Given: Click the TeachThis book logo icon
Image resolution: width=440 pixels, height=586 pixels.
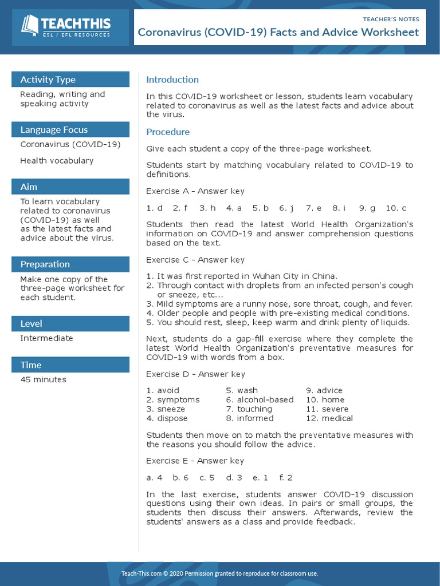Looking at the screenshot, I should click(30, 25).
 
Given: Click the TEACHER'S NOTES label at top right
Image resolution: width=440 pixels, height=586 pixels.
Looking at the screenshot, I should click(391, 19).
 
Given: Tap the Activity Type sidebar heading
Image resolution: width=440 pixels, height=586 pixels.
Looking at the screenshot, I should click(48, 80).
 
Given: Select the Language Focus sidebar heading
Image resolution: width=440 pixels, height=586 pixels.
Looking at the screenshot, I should click(54, 130).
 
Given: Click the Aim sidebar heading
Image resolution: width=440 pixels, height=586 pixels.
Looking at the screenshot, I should click(29, 187).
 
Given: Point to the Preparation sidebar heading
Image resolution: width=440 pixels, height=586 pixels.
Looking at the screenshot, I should click(45, 264).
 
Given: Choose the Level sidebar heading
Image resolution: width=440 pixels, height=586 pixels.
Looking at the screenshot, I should click(31, 323).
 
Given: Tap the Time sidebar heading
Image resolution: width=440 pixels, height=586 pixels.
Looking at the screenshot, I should click(31, 365).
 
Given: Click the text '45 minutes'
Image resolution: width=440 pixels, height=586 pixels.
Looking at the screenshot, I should click(43, 379).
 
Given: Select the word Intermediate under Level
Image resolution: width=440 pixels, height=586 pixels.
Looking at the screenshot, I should click(46, 338).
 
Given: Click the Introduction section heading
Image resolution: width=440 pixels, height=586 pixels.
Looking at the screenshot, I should click(172, 80).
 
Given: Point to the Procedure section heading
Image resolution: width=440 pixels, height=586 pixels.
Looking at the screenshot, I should click(168, 132).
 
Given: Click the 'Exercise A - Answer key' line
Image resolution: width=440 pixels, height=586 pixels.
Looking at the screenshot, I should click(195, 191).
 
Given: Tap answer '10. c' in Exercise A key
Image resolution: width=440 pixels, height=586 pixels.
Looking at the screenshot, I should click(396, 208).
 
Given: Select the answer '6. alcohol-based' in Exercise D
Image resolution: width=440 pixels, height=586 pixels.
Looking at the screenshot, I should click(260, 400).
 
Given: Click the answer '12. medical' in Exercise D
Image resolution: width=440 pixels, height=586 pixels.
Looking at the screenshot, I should click(329, 418).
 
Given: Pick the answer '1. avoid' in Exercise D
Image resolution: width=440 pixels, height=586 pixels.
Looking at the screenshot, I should click(163, 391).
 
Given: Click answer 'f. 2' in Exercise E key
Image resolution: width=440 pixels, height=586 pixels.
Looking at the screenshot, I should click(286, 477).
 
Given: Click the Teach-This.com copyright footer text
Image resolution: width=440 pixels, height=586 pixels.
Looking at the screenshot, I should click(219, 573).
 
